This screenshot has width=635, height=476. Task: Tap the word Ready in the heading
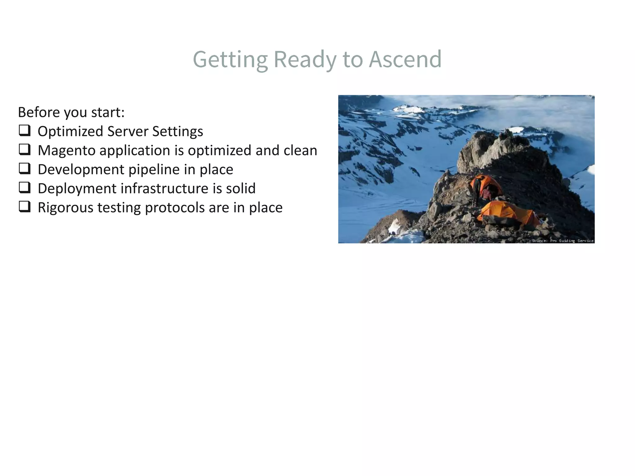click(x=305, y=59)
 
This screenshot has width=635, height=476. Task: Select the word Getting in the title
click(x=230, y=59)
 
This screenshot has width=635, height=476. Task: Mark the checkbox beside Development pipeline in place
click(x=24, y=169)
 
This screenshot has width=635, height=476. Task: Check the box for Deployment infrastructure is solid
click(x=24, y=187)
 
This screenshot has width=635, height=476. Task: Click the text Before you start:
click(x=71, y=112)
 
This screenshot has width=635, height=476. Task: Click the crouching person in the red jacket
click(x=486, y=194)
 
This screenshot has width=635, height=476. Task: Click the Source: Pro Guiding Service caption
click(x=562, y=240)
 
